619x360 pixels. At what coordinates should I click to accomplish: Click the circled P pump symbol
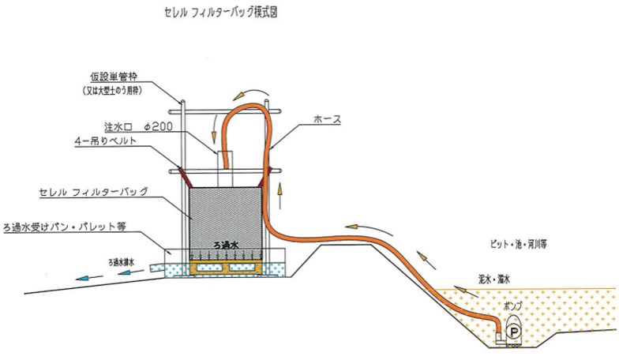(512, 330)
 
